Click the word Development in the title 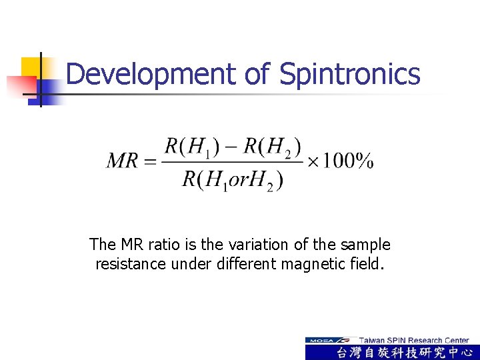[151, 74]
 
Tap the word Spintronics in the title [350, 74]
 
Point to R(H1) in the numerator [187, 146]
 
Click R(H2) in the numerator [271, 146]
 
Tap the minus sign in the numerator [228, 146]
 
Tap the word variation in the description [232, 245]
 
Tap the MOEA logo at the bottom [329, 340]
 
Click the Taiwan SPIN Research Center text [413, 340]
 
